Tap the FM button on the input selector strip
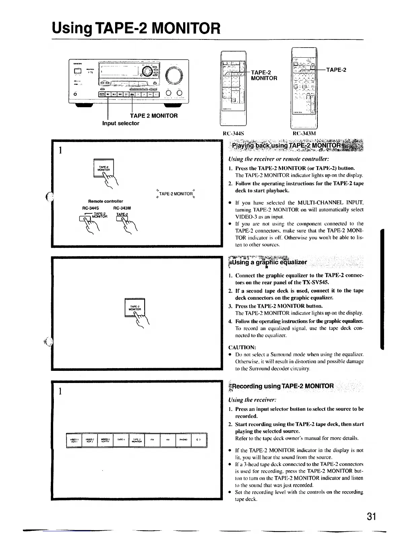click(x=152, y=440)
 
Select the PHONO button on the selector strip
click(x=183, y=440)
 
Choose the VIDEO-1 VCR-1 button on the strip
click(x=74, y=440)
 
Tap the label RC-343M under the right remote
click(x=304, y=133)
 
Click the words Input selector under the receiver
click(x=121, y=123)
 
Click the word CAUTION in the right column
click(x=242, y=347)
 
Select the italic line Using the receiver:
click(x=252, y=400)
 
